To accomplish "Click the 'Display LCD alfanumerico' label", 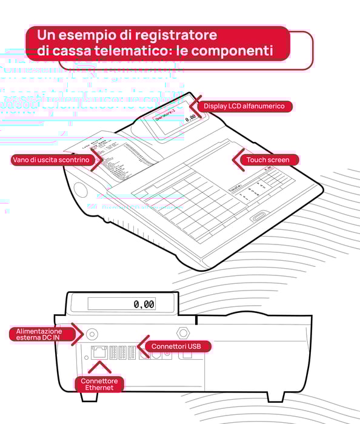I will click(x=243, y=106).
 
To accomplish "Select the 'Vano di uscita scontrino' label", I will click(x=50, y=160).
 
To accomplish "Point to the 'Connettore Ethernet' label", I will click(x=99, y=384).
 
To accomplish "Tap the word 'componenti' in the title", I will click(x=233, y=51).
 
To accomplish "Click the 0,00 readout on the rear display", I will click(x=144, y=304).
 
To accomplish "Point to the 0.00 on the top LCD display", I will click(x=190, y=120).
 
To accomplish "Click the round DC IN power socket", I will click(x=92, y=333).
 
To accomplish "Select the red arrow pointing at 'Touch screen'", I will click(x=238, y=159).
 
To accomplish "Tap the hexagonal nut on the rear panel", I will click(x=180, y=332).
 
